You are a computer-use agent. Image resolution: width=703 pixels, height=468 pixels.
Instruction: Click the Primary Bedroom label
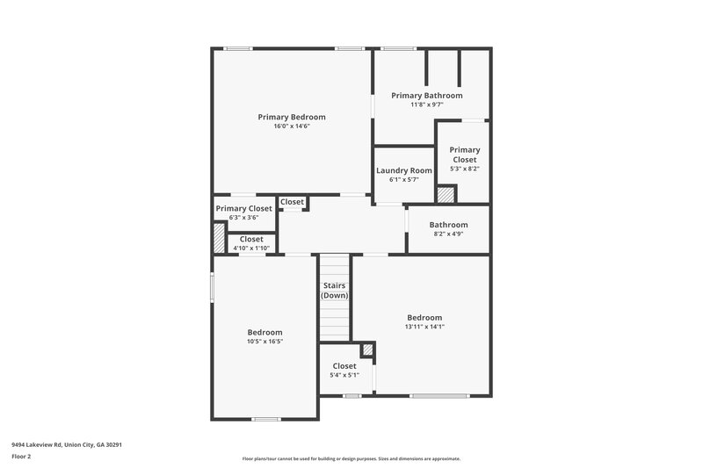(x=291, y=117)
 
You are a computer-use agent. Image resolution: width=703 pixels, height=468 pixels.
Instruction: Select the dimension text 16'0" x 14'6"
(x=291, y=126)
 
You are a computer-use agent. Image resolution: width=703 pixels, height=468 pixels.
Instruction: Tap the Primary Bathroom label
(x=426, y=95)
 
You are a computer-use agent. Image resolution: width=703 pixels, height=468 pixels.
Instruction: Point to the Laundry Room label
(x=403, y=170)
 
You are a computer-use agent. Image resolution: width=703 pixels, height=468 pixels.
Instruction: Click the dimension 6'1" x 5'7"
(x=403, y=179)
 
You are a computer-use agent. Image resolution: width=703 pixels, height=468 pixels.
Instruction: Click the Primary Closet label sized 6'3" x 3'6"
(x=243, y=208)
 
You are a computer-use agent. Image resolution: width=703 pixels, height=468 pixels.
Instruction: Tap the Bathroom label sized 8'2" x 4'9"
(x=448, y=225)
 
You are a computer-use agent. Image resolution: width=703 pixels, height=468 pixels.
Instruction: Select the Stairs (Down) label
(x=334, y=291)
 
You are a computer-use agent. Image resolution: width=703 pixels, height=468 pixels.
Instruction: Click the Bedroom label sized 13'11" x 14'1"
(x=424, y=317)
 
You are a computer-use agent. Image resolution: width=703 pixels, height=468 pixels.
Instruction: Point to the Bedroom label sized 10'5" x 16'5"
(x=265, y=332)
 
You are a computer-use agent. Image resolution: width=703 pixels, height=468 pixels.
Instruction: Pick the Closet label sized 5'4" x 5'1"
(x=344, y=366)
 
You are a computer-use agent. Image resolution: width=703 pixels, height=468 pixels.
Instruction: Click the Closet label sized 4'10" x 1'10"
(x=250, y=239)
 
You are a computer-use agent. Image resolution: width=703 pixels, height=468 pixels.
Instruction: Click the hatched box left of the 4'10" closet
(x=219, y=240)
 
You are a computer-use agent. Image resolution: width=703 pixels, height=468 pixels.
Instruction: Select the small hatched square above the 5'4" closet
(x=368, y=349)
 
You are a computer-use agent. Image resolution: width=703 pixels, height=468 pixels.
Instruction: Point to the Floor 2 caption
(x=22, y=457)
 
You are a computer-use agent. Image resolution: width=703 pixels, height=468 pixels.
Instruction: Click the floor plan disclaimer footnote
(x=351, y=458)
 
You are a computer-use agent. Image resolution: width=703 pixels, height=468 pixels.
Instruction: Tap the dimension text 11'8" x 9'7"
(x=426, y=104)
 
